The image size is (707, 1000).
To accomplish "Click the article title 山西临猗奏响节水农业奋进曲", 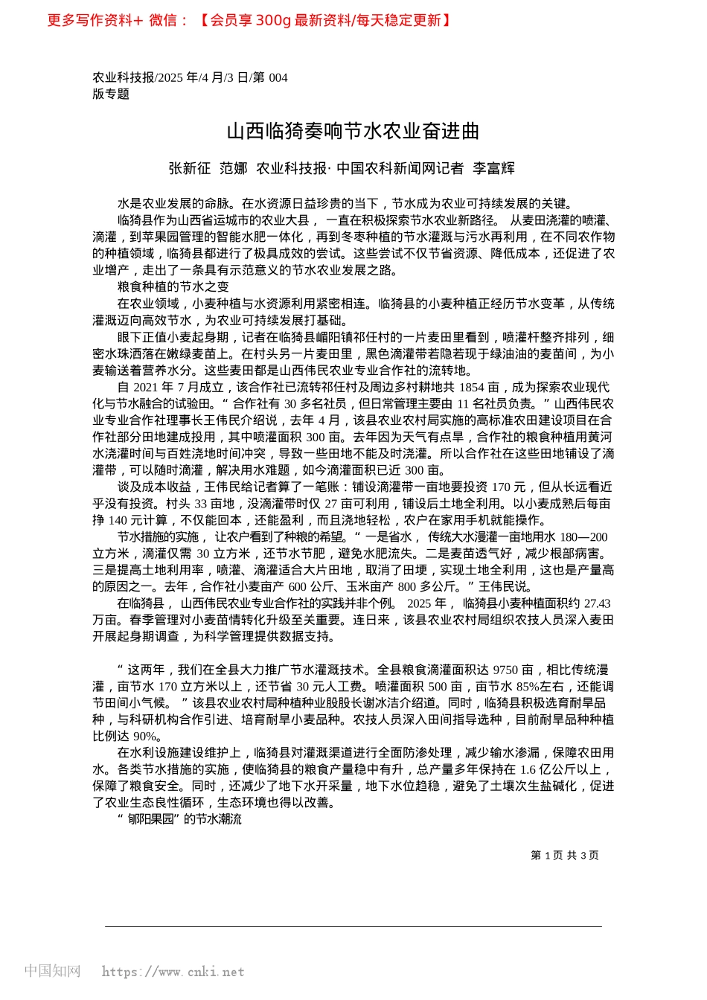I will click(353, 132).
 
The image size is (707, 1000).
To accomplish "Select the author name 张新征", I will click(189, 168).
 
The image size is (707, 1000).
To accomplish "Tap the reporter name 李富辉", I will click(493, 168).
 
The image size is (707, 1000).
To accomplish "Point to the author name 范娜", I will click(233, 168).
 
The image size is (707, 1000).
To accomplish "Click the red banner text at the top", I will click(249, 20).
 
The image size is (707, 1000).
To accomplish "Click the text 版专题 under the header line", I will click(111, 94).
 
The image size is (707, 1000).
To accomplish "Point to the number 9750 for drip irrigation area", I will click(505, 670).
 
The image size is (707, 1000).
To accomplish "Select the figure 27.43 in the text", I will click(597, 603).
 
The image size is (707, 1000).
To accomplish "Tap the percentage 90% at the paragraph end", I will click(146, 736).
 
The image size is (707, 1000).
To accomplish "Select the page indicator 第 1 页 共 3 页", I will click(565, 856).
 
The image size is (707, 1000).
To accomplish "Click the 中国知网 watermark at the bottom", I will click(53, 971).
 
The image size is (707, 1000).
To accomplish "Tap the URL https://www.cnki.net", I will click(173, 972).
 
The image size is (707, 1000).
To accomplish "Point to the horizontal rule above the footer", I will click(353, 926).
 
